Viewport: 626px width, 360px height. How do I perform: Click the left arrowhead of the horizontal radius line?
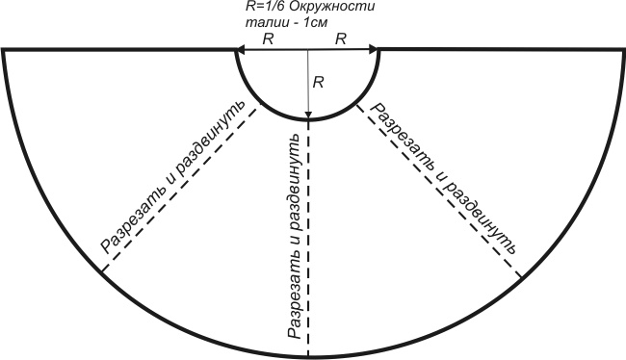coord(240,50)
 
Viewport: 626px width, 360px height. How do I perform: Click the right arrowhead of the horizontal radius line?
coord(373,50)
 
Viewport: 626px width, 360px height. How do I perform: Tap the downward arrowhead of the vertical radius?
coord(308,115)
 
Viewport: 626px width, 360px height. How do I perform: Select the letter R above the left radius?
coord(268,39)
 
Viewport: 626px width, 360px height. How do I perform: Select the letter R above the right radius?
coord(341,39)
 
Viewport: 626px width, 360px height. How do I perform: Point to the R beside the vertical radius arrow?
coord(318,83)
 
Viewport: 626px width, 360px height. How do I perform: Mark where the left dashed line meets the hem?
coord(102,271)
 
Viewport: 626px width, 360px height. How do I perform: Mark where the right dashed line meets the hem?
coord(521,277)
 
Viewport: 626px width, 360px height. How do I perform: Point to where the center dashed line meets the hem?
coord(308,356)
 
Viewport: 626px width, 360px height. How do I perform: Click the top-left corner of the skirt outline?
coord(3,50)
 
